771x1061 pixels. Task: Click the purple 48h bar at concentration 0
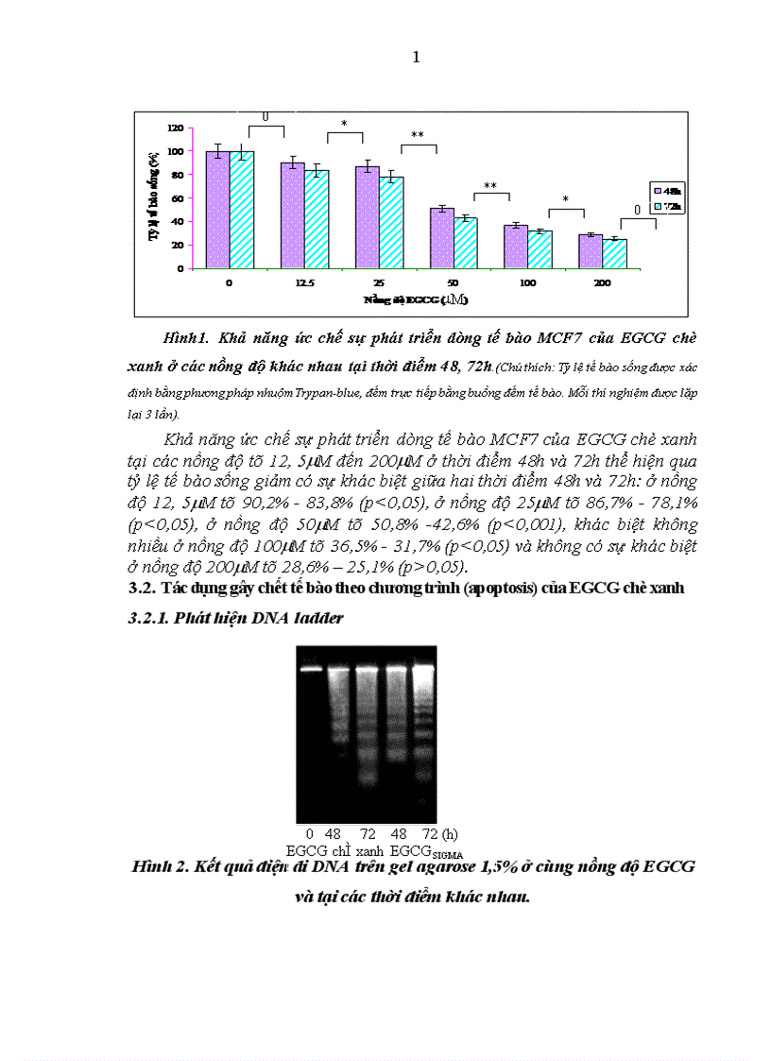(217, 210)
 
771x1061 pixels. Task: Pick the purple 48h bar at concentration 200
(591, 251)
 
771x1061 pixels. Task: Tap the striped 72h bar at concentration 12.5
(317, 219)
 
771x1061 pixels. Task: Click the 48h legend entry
(666, 190)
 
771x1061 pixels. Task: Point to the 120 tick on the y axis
(176, 128)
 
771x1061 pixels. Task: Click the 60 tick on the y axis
(178, 197)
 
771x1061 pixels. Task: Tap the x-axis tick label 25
(379, 282)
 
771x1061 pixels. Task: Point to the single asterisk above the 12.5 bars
(344, 124)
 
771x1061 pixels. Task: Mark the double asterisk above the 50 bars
(490, 186)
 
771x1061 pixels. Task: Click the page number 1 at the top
(417, 59)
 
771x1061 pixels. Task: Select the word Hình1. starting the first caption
(185, 337)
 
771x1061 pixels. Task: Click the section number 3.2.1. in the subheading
(157, 620)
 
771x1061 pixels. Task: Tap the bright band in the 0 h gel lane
(311, 669)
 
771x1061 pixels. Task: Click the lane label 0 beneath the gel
(309, 834)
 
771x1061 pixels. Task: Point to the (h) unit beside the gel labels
(451, 834)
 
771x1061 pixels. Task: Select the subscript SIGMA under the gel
(448, 856)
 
